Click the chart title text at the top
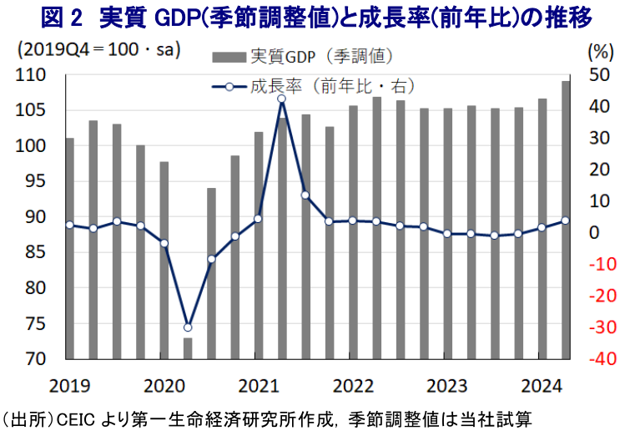[312, 17]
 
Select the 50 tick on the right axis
[597, 75]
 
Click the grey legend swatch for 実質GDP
[229, 58]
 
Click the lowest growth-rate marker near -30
[188, 327]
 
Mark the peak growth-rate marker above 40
[282, 99]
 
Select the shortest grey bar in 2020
[188, 348]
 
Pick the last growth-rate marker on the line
[566, 221]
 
